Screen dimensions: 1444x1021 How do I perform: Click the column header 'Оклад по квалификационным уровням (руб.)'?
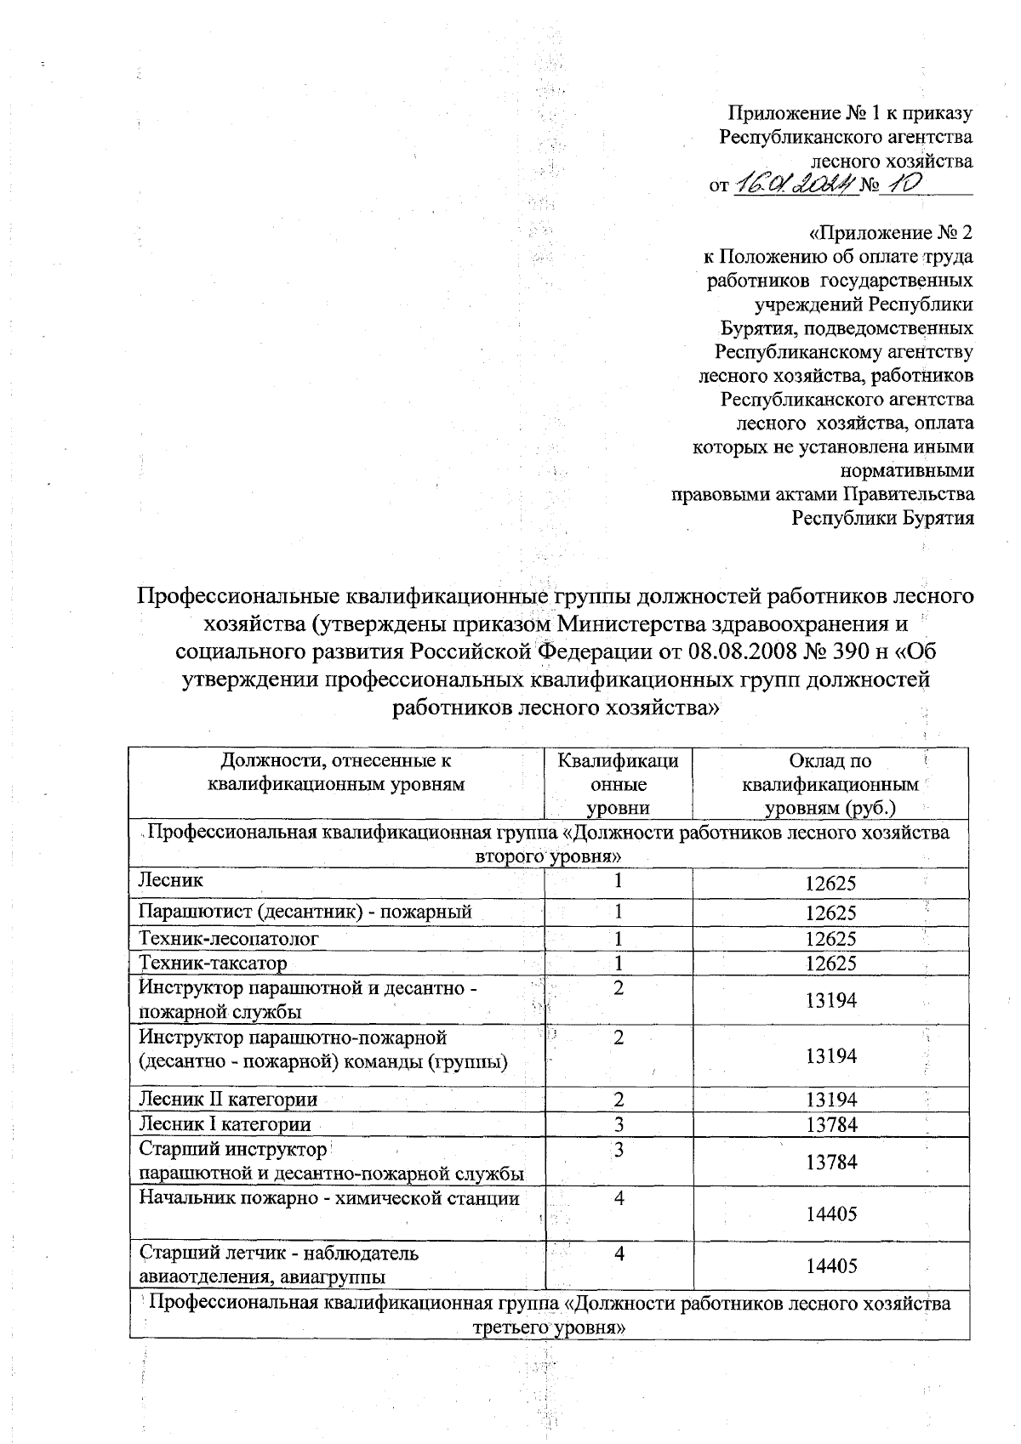830,784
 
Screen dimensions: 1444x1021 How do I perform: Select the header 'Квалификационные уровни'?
619,784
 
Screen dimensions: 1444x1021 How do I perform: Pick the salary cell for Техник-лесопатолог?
830,939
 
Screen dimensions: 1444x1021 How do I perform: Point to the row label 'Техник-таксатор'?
213,963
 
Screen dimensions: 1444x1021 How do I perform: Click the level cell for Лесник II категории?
619,1099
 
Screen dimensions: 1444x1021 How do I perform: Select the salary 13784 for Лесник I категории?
830,1125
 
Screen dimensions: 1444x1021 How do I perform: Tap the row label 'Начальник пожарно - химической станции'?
329,1198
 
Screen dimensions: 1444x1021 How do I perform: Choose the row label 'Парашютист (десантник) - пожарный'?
305,912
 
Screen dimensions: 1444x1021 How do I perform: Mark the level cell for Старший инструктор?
619,1150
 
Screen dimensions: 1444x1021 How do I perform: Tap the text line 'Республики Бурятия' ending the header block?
883,517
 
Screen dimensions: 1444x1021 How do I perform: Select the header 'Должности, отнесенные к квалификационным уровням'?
337,772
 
